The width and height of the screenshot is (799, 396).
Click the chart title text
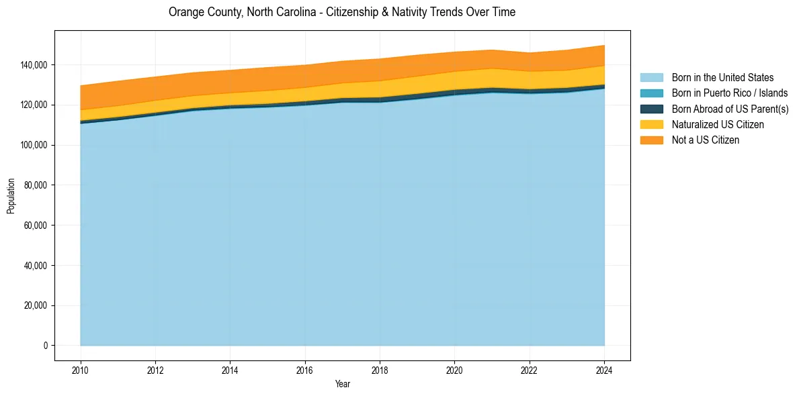(342, 12)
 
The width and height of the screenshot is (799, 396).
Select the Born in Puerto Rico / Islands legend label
(729, 93)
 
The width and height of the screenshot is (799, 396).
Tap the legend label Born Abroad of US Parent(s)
(730, 109)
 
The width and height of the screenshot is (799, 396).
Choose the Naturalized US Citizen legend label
(718, 125)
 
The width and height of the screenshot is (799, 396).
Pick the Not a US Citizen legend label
(705, 140)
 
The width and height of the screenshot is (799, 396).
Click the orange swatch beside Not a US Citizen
(651, 140)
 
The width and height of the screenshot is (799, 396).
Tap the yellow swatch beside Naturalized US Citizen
(651, 125)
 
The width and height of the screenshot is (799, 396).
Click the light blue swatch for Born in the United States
(651, 78)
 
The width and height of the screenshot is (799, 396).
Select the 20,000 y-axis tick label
(36, 305)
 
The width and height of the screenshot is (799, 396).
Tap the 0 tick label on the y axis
(46, 346)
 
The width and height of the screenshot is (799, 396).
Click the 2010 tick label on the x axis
(80, 370)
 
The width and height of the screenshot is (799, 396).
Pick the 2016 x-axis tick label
(305, 370)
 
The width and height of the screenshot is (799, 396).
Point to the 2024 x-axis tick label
(604, 370)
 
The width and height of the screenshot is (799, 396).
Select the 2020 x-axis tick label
(454, 370)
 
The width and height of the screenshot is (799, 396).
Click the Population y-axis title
(11, 196)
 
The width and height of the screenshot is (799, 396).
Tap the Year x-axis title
(342, 385)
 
